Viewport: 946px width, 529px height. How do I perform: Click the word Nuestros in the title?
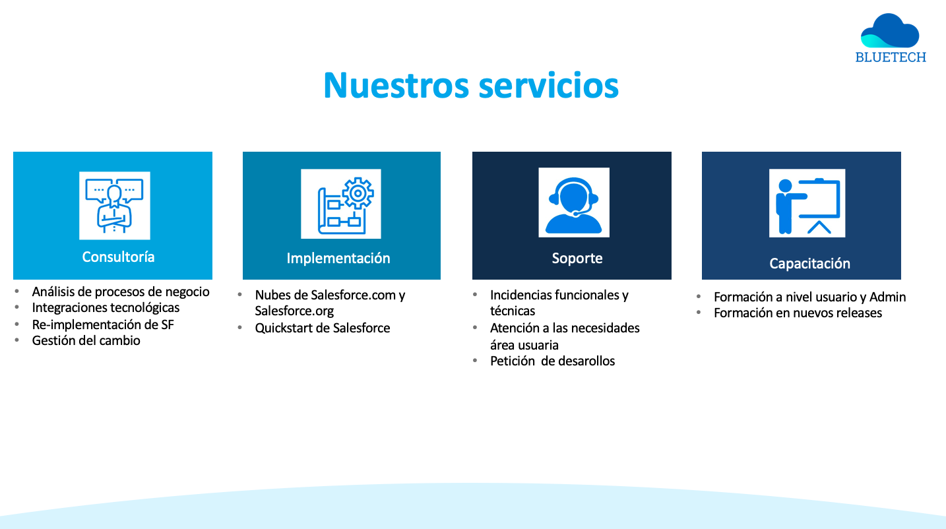[396, 86]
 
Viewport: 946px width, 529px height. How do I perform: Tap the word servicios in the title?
[549, 86]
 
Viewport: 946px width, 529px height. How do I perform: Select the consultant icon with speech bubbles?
[114, 206]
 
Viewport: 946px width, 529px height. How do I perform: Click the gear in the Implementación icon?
[358, 193]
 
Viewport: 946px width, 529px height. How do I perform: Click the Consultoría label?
[118, 257]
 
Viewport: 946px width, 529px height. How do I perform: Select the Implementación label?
[338, 259]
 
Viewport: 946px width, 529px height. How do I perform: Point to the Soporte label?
[577, 259]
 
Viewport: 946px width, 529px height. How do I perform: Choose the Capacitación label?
[809, 263]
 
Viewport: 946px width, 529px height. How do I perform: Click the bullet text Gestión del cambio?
[86, 341]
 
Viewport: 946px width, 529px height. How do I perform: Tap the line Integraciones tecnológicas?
[106, 308]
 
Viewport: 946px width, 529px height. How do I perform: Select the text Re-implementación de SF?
[103, 325]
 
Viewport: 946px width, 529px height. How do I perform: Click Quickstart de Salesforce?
[322, 328]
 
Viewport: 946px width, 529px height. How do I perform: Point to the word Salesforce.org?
[294, 311]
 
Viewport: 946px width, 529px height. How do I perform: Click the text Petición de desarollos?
[552, 361]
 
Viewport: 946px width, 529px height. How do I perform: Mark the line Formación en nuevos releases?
[798, 313]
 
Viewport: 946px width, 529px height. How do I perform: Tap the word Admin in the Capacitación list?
[887, 297]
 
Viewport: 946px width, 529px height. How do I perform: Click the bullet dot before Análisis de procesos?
[17, 292]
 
